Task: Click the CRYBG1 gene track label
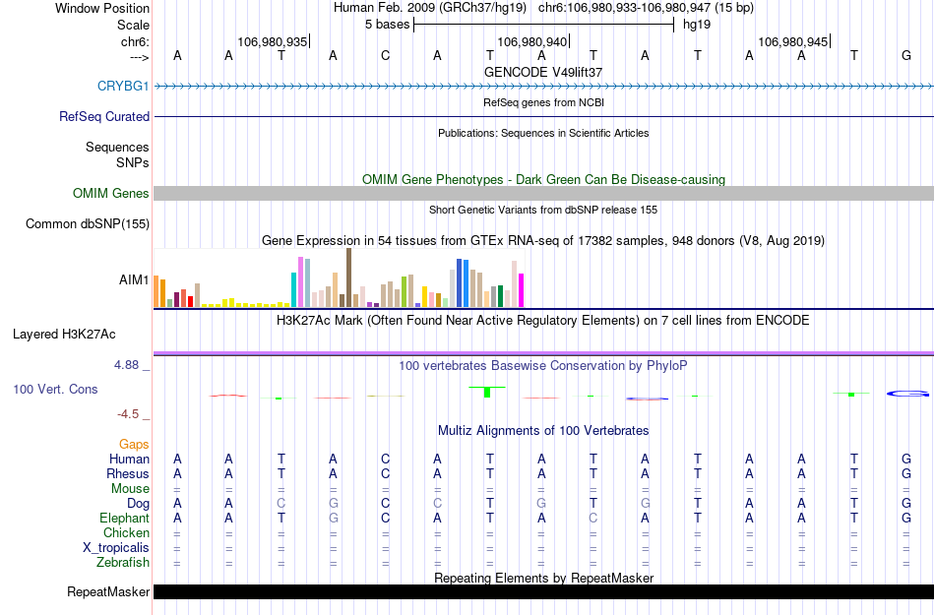tap(123, 86)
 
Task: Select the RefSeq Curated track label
tap(104, 116)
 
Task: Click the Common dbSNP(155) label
tap(88, 224)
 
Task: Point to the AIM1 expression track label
tap(134, 279)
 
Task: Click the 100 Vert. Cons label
tap(55, 390)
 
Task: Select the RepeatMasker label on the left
tap(108, 591)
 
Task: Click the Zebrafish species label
tap(123, 563)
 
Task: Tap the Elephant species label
tap(124, 519)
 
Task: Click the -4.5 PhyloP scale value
tap(132, 414)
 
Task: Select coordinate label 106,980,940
tap(532, 41)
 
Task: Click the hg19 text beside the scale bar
tap(697, 24)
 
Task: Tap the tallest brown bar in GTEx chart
tap(348, 277)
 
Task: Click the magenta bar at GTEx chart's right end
tap(522, 289)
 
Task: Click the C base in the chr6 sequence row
tap(385, 55)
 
